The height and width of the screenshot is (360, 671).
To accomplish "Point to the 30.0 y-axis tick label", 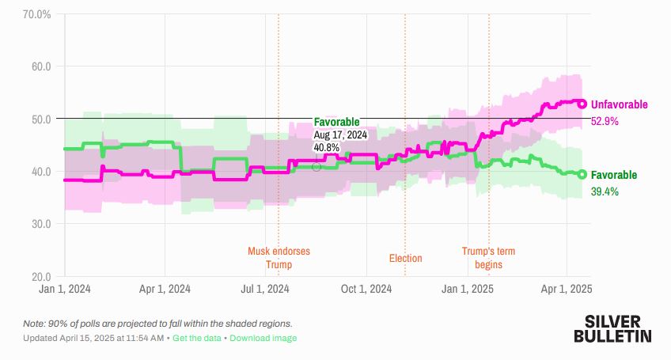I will (40, 224).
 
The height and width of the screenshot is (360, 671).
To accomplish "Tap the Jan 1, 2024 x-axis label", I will (64, 290).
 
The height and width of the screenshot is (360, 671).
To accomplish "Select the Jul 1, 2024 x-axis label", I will (266, 290).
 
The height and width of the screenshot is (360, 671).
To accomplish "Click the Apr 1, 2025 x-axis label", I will (567, 290).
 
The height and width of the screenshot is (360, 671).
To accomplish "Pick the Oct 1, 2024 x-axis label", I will (367, 290).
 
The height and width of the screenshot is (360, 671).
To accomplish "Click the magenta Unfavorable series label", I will (620, 104).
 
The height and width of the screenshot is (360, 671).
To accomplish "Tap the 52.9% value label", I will (605, 122).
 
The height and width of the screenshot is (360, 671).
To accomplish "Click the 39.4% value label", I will (605, 191).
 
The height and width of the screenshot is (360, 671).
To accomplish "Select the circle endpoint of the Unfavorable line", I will (582, 104).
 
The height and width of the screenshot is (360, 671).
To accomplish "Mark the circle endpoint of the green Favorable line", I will (582, 175).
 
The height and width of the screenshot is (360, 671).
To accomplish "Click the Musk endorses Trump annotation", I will (279, 258).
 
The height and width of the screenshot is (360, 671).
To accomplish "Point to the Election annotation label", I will (405, 258).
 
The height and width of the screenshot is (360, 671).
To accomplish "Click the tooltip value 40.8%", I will (327, 147).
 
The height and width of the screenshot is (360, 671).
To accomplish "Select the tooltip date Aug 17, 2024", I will (340, 135).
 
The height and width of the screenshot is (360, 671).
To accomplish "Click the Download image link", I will (263, 338).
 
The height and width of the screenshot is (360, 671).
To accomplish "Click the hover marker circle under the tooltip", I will (317, 166).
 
